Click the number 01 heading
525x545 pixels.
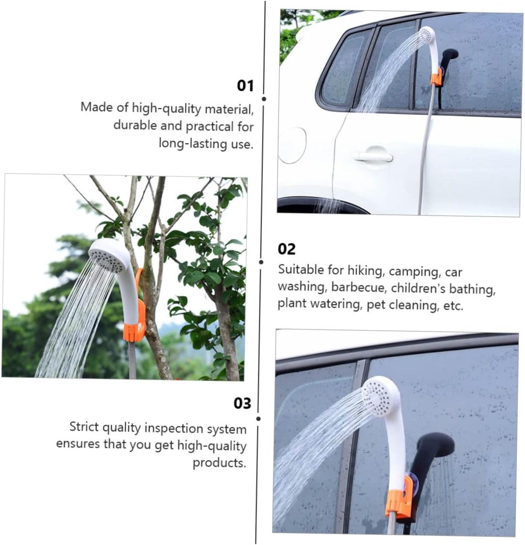[x=245, y=86]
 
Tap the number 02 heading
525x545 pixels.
[x=286, y=249]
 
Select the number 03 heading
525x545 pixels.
[x=242, y=403]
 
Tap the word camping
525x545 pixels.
[x=415, y=272]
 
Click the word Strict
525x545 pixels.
[x=84, y=427]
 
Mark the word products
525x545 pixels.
[x=220, y=463]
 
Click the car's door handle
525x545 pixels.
[x=374, y=157]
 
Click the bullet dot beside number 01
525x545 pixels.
[x=264, y=99]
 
